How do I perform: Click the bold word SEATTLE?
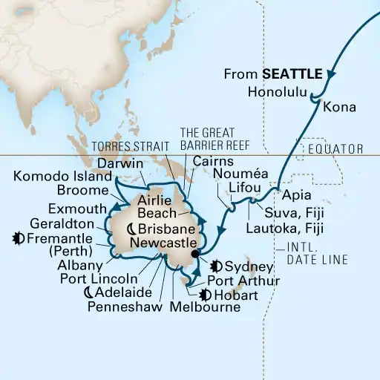tap(292, 74)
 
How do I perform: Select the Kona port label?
tap(339, 108)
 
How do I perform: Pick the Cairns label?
tap(218, 160)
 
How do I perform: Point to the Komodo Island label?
tap(62, 177)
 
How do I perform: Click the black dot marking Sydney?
tap(194, 255)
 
